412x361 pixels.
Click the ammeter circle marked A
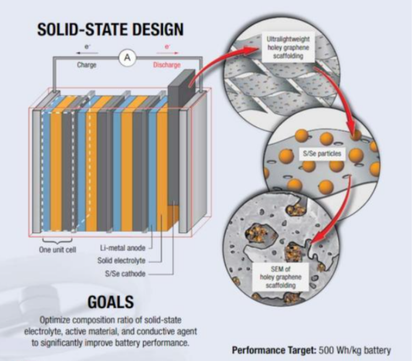[127, 57]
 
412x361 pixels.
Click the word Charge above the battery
[87, 65]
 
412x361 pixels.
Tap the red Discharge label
[167, 65]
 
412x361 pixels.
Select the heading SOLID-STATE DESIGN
[110, 29]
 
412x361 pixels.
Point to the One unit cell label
[58, 250]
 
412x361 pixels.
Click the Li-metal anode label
[123, 248]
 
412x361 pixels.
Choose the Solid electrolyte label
[121, 260]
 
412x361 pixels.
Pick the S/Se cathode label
[125, 274]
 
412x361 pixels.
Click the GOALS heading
[110, 302]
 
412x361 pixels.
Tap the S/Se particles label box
[322, 153]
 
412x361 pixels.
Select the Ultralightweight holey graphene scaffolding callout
[288, 47]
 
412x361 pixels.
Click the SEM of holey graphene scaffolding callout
[280, 277]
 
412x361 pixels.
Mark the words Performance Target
[274, 350]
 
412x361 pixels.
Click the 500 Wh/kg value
[355, 350]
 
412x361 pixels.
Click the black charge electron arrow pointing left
[87, 53]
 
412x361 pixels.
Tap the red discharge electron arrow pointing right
[167, 53]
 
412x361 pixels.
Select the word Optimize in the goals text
[55, 320]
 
